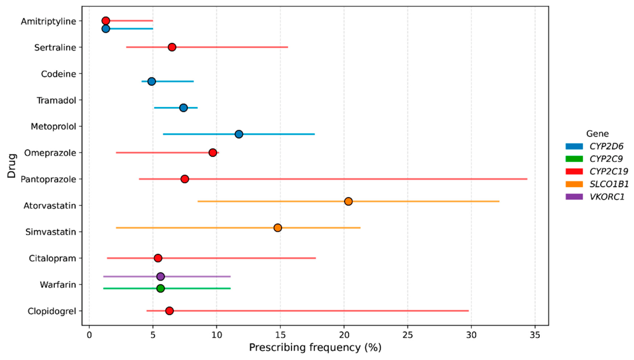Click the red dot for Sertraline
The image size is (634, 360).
click(172, 47)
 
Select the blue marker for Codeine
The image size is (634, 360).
click(152, 82)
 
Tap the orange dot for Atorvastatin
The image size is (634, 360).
click(348, 201)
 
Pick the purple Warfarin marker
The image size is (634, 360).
click(161, 276)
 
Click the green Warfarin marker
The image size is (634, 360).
click(161, 289)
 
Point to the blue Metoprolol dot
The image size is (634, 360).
click(239, 134)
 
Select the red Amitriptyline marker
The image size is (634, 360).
click(105, 21)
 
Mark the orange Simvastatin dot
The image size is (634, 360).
click(278, 228)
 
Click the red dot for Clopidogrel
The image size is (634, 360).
click(169, 311)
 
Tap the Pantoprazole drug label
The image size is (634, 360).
click(49, 179)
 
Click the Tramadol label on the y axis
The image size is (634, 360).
click(57, 100)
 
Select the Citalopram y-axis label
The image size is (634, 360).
click(53, 258)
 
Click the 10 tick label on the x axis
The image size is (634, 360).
click(216, 335)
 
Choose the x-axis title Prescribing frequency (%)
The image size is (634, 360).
click(315, 347)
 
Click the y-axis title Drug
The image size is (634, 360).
click(12, 166)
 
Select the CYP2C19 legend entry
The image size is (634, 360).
click(596, 171)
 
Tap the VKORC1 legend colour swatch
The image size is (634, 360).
click(574, 197)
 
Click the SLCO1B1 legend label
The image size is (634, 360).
click(609, 184)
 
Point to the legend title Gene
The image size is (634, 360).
click(597, 134)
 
